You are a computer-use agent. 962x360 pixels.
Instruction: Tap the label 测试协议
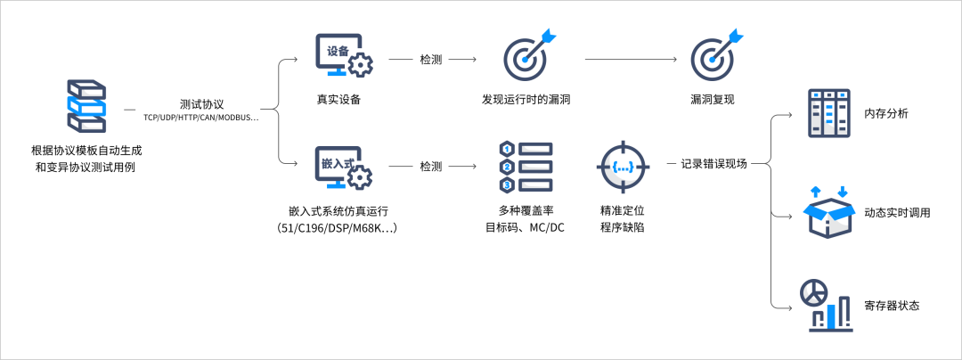point(201,104)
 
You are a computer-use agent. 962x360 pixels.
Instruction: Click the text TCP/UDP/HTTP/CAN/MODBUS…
point(201,118)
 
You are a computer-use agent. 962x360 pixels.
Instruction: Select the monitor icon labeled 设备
point(343,56)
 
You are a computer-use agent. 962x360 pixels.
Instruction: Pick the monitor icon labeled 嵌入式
point(343,168)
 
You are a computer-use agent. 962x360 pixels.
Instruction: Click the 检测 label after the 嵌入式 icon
point(430,166)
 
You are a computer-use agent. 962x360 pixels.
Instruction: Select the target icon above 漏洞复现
point(715,56)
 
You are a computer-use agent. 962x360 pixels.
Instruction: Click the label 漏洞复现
point(713,99)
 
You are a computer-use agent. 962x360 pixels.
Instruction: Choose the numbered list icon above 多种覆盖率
point(525,166)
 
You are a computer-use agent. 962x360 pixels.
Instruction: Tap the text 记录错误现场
point(713,164)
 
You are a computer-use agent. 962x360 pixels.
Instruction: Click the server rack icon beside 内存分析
point(827,113)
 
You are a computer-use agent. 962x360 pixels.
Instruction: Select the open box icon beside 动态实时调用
point(828,212)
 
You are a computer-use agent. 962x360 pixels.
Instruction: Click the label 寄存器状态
point(892,306)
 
